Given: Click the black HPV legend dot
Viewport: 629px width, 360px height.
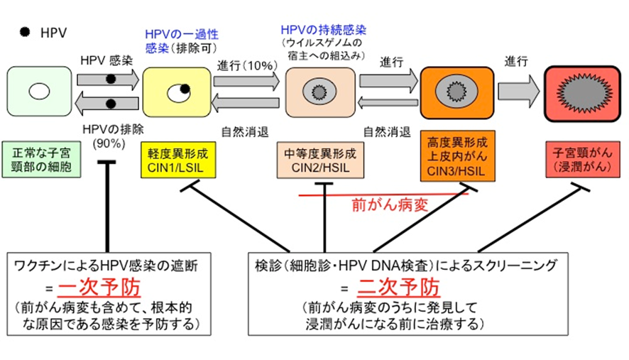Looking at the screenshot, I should [x=24, y=33].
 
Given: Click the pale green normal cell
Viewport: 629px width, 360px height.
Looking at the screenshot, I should [x=39, y=92].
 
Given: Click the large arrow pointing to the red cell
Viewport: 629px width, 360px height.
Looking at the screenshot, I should [x=516, y=92].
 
